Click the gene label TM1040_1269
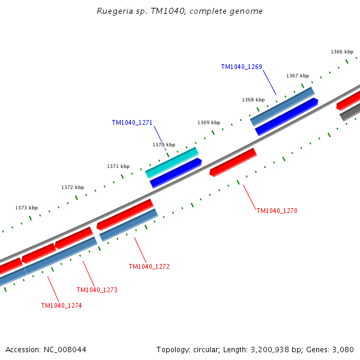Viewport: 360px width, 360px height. pos(241,67)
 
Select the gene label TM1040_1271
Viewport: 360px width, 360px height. pos(132,122)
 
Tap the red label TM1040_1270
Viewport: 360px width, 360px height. pos(277,211)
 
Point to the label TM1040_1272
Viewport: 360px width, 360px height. pos(149,266)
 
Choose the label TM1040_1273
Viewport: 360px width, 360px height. pos(97,290)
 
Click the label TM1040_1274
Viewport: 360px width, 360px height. pos(61,305)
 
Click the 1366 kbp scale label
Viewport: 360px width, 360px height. pos(342,52)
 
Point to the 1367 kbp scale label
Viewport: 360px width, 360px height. pos(298,76)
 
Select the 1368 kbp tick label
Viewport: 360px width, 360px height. pos(253,100)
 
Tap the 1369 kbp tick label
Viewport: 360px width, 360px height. pos(209,122)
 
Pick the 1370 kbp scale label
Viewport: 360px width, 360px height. pos(164,145)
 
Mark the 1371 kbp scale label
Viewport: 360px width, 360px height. pos(118,166)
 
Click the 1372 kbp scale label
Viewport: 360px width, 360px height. pos(73,187)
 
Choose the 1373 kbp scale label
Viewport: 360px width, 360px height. pos(26,208)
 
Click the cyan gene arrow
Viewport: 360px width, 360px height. pos(172,163)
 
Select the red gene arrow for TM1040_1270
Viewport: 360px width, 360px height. pos(233,162)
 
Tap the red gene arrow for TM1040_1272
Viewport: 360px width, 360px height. pos(125,214)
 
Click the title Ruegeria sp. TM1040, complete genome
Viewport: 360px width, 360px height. pos(179,11)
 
